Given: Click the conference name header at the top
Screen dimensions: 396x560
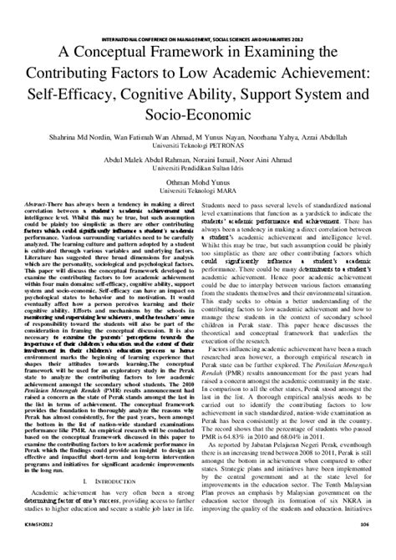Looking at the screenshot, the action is [198, 38].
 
